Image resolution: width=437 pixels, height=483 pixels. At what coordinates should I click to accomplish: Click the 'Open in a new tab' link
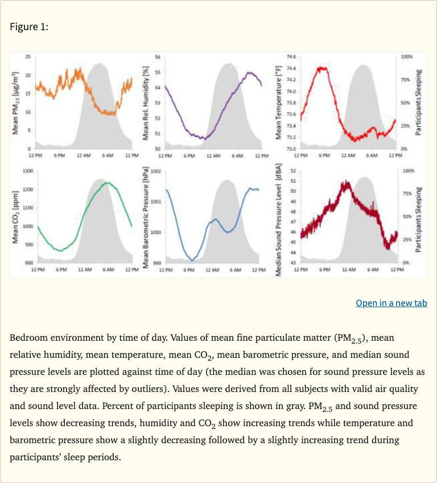(391, 303)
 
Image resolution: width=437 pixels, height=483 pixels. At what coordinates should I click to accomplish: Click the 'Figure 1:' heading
(29, 26)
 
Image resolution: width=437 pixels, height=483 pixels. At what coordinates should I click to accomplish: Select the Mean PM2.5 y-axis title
(17, 103)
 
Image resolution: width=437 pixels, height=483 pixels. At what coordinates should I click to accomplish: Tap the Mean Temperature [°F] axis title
(278, 102)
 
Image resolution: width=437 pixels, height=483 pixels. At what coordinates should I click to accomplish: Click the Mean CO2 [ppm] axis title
(17, 217)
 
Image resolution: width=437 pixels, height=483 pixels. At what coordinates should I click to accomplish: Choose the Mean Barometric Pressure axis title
(146, 218)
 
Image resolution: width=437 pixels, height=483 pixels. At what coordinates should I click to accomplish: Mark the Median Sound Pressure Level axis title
(278, 218)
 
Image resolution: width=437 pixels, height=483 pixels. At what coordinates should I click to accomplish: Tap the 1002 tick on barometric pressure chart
(156, 171)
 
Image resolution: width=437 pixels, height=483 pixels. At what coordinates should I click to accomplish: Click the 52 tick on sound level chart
(292, 171)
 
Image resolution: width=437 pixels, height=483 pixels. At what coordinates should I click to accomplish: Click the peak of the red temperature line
(322, 68)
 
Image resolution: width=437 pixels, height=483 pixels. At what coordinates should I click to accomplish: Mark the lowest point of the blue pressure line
(192, 260)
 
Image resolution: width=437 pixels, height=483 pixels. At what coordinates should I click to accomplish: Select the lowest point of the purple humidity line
(204, 138)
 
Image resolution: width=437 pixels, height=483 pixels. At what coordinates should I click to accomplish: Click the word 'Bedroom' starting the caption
(27, 338)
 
